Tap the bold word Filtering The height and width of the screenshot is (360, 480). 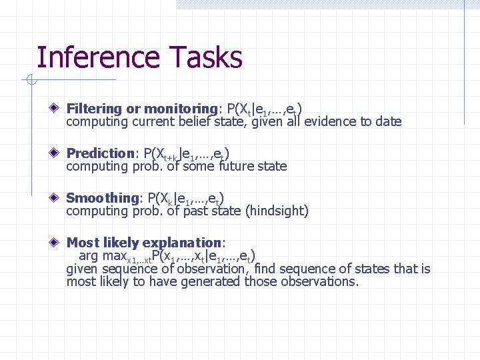[x=94, y=109]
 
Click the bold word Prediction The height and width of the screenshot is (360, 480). [x=101, y=153]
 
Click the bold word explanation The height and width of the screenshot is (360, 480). [x=183, y=243]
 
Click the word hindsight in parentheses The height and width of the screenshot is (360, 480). [x=277, y=211]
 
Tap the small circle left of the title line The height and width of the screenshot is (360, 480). [x=30, y=81]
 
